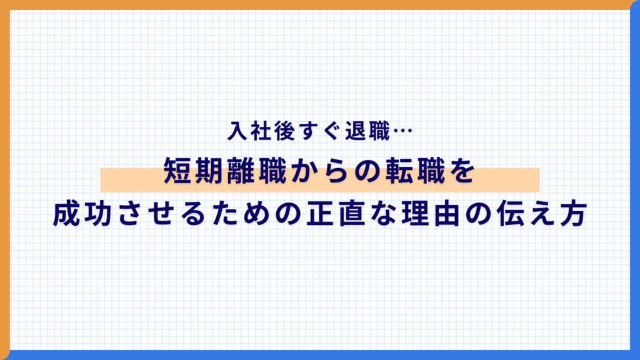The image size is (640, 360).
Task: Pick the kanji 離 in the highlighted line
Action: coord(242,172)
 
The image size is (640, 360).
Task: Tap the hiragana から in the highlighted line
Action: coord(320,172)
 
